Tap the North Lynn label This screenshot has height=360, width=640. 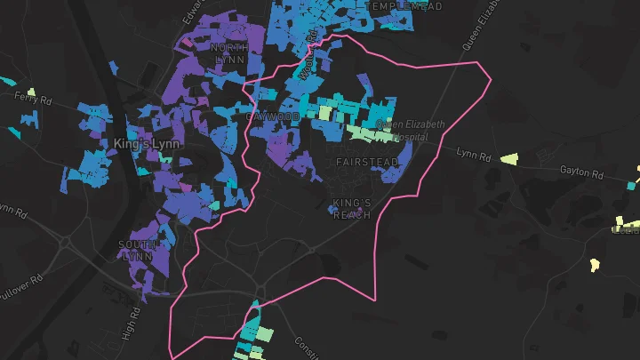229,52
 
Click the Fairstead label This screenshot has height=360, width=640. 361,162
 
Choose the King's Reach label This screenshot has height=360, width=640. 351,209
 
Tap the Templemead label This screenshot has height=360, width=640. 405,6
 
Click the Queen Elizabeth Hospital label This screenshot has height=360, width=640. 410,131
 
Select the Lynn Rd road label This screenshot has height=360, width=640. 473,155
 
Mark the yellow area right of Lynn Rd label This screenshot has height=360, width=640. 508,159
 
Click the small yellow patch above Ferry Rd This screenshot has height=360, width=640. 31,92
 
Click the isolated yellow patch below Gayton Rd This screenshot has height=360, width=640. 594,264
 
